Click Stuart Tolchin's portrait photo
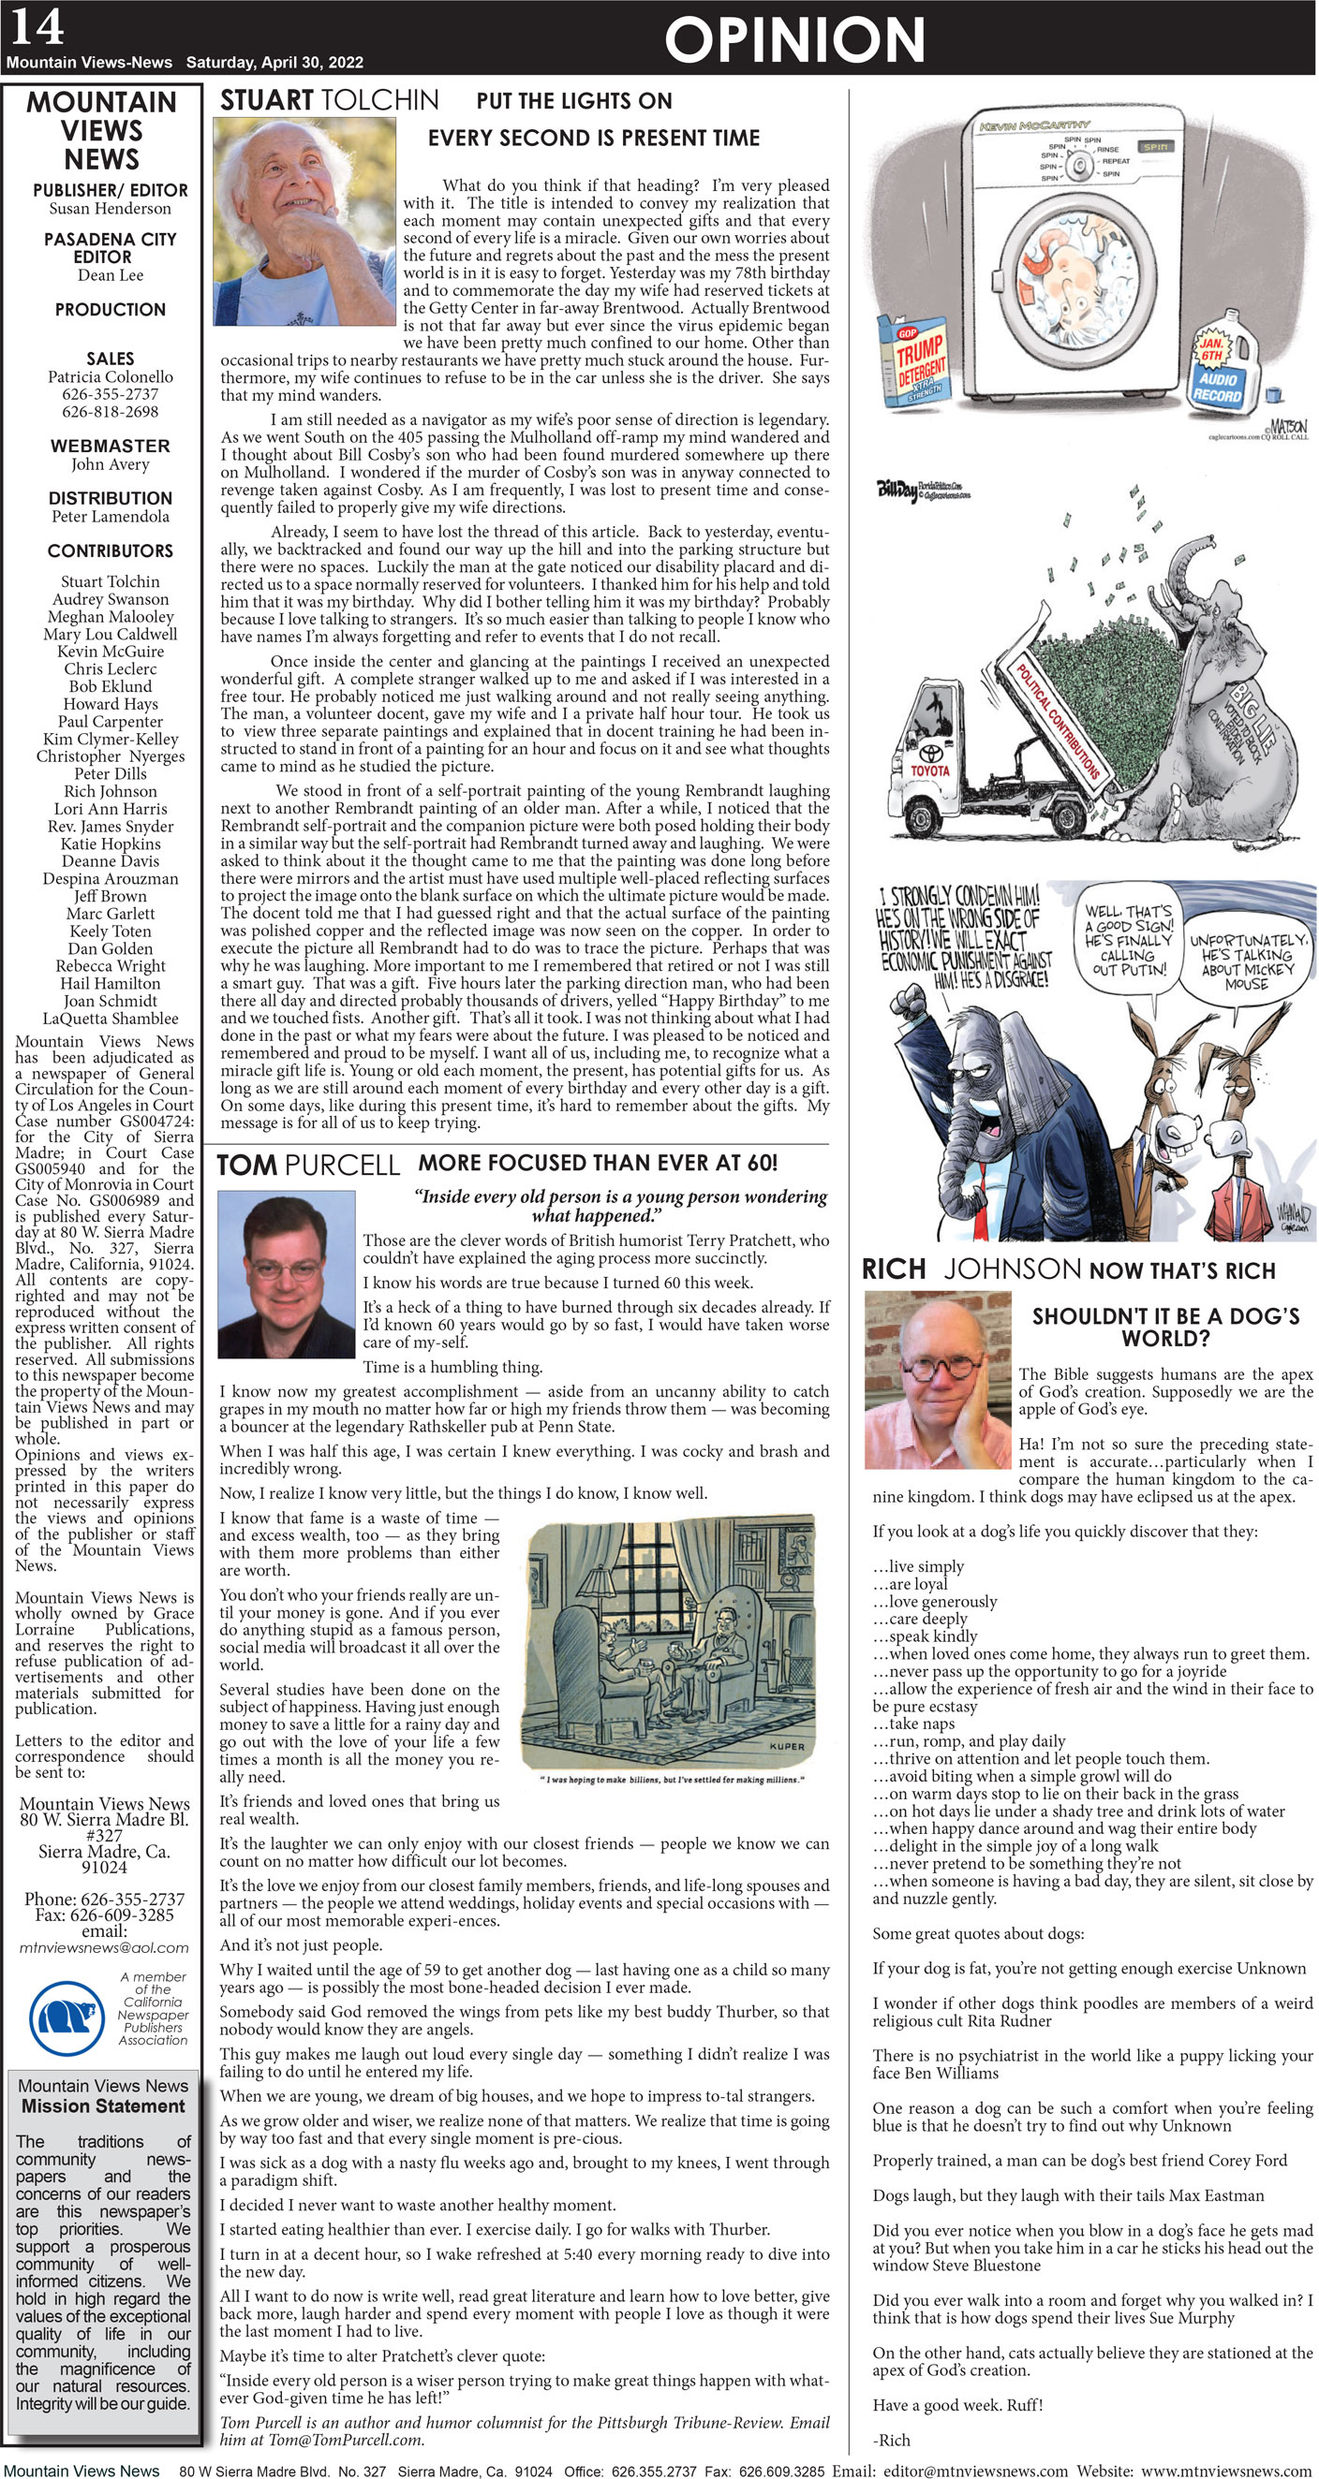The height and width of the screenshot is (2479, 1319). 304,221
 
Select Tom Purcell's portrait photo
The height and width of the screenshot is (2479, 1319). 287,1272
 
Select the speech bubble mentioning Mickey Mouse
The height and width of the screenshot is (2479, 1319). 1248,961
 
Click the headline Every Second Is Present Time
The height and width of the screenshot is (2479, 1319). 593,138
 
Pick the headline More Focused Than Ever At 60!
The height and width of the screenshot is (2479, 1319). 597,1163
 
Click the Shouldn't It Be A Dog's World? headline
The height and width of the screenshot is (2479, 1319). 1165,1327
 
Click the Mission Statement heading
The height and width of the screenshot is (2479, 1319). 103,2105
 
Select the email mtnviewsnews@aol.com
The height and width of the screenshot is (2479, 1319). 103,1947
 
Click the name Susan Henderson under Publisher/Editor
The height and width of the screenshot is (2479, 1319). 110,208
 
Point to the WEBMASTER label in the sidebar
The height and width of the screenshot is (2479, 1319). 110,446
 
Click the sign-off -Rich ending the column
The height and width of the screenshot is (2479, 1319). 891,2440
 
